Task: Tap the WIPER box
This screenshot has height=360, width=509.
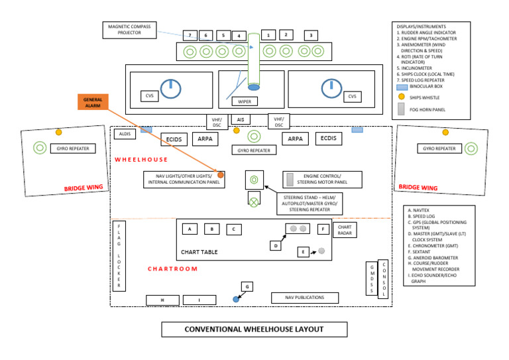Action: coord(245,101)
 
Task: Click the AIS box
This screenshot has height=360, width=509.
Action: coord(239,119)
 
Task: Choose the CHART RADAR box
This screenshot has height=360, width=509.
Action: coord(345,229)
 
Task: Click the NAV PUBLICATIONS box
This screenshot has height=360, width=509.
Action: coord(304,298)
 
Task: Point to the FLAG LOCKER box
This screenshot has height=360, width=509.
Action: coord(119,255)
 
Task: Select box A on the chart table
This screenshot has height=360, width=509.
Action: coord(190,229)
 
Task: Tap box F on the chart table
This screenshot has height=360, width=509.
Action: coord(323,229)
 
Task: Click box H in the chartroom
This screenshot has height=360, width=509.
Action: coord(162,300)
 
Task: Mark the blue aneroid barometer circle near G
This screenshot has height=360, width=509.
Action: coord(236,300)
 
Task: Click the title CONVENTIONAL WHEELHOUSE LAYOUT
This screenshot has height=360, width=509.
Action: coord(254,330)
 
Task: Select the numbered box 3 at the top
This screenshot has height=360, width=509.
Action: coord(310,35)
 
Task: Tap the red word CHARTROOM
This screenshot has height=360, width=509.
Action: coord(172,269)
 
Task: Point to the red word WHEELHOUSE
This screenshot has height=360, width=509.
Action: coord(141,159)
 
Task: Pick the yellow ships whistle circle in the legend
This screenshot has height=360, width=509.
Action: coord(402,97)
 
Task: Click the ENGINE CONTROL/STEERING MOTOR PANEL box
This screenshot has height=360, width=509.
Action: coord(323,179)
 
